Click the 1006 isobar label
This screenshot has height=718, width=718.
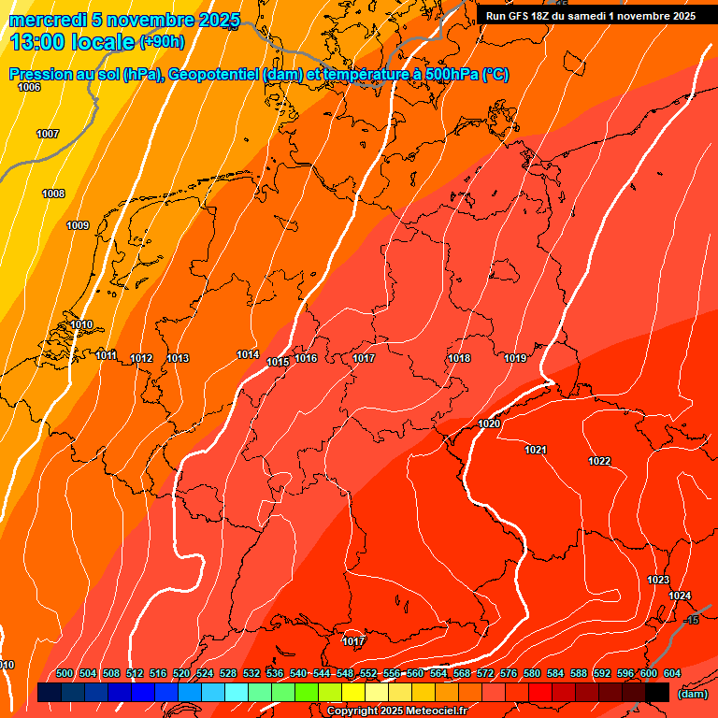click(x=29, y=87)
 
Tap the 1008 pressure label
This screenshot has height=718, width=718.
click(x=53, y=194)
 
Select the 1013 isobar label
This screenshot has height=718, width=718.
click(x=178, y=358)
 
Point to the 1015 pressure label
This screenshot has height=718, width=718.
click(x=278, y=362)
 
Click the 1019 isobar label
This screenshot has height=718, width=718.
click(x=515, y=358)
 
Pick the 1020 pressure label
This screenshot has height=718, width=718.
click(x=489, y=424)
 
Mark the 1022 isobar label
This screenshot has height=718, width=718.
click(x=599, y=461)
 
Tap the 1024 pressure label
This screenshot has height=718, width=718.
click(x=680, y=596)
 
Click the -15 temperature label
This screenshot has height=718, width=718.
click(x=691, y=620)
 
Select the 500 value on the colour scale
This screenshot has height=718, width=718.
click(x=65, y=673)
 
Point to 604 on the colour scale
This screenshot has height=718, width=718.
click(x=672, y=673)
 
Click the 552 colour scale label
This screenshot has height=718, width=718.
click(x=368, y=673)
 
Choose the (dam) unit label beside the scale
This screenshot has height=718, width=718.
click(x=692, y=694)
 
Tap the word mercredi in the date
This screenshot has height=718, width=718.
click(x=47, y=20)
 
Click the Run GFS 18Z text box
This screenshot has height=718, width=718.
click(x=590, y=16)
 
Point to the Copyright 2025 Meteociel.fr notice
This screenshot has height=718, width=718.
click(x=396, y=711)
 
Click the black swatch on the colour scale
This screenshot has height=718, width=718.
click(x=657, y=693)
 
